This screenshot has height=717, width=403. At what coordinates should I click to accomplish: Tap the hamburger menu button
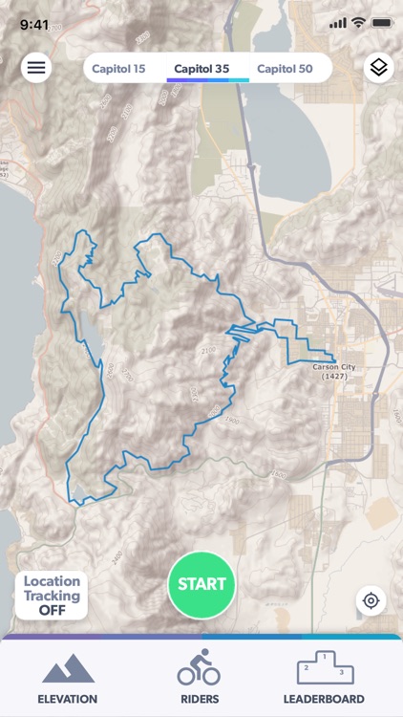(x=36, y=67)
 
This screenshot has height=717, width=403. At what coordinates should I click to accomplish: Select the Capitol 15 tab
(x=118, y=68)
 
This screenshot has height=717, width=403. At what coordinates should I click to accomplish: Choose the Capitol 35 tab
(x=201, y=68)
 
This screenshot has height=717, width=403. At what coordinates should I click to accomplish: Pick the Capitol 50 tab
(x=285, y=68)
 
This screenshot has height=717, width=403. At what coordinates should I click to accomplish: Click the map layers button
(x=378, y=67)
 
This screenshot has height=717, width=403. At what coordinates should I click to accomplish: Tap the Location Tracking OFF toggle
(x=52, y=595)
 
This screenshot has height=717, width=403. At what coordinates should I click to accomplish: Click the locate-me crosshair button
(x=371, y=600)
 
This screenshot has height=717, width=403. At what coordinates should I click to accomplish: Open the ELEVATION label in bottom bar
(x=67, y=699)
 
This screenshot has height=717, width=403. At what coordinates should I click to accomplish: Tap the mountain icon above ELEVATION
(x=67, y=668)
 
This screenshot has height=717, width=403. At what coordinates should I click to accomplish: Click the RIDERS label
(x=200, y=699)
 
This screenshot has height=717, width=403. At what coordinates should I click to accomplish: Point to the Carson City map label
(x=334, y=366)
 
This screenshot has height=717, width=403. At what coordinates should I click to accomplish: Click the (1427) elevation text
(x=334, y=377)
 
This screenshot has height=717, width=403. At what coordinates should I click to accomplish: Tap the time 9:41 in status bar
(x=34, y=24)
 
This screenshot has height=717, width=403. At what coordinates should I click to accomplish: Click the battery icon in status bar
(x=382, y=24)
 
